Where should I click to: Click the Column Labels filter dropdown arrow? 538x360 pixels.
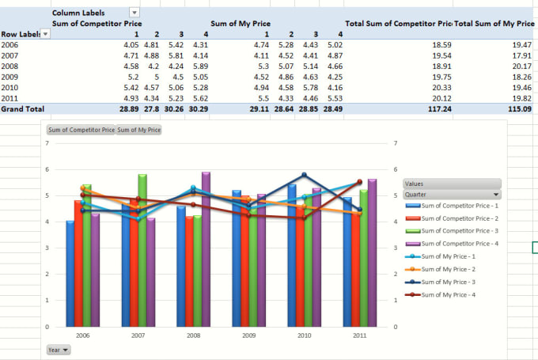[134, 13]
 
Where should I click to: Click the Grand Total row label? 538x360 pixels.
[23, 108]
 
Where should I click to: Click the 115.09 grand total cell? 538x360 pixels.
[521, 108]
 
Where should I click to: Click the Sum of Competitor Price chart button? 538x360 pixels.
[81, 129]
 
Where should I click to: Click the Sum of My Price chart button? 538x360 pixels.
[138, 129]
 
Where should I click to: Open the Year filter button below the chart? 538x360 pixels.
[57, 348]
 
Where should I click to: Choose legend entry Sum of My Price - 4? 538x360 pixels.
[450, 294]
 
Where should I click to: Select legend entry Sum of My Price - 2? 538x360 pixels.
[450, 269]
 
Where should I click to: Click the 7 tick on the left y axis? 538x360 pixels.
[48, 143]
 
